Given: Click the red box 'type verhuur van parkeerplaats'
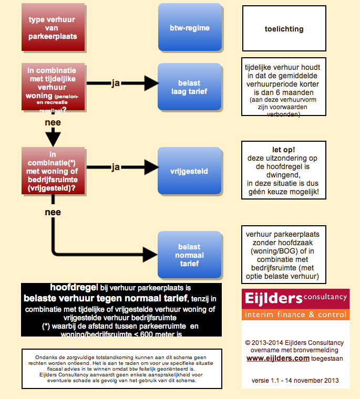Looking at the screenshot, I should point(53,28).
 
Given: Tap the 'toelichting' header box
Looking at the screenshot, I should point(284,29).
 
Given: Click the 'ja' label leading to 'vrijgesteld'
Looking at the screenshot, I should point(116,167).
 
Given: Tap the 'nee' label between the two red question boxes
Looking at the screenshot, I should point(53,123).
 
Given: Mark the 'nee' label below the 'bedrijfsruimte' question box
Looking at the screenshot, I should point(53,213).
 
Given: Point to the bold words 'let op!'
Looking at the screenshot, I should point(284,149).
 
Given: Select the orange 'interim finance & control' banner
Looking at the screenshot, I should point(295,314).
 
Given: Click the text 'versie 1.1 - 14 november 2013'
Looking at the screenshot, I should point(295,380).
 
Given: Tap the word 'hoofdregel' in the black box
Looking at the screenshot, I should point(74,288).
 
